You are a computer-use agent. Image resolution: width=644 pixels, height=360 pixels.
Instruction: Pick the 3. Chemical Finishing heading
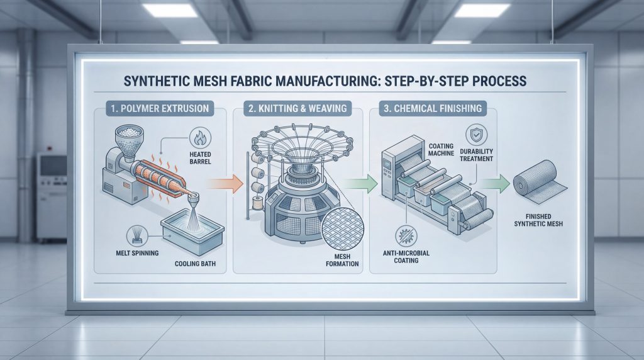pos(432,108)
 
